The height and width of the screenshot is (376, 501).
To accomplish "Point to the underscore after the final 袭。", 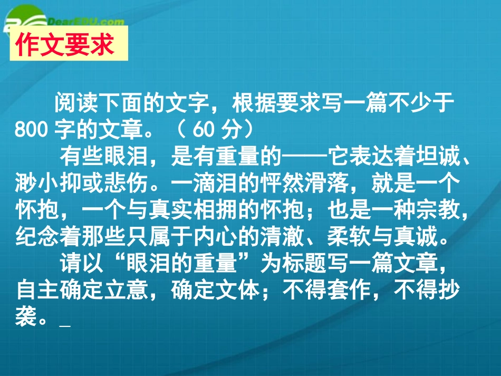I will (x=65, y=323).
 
